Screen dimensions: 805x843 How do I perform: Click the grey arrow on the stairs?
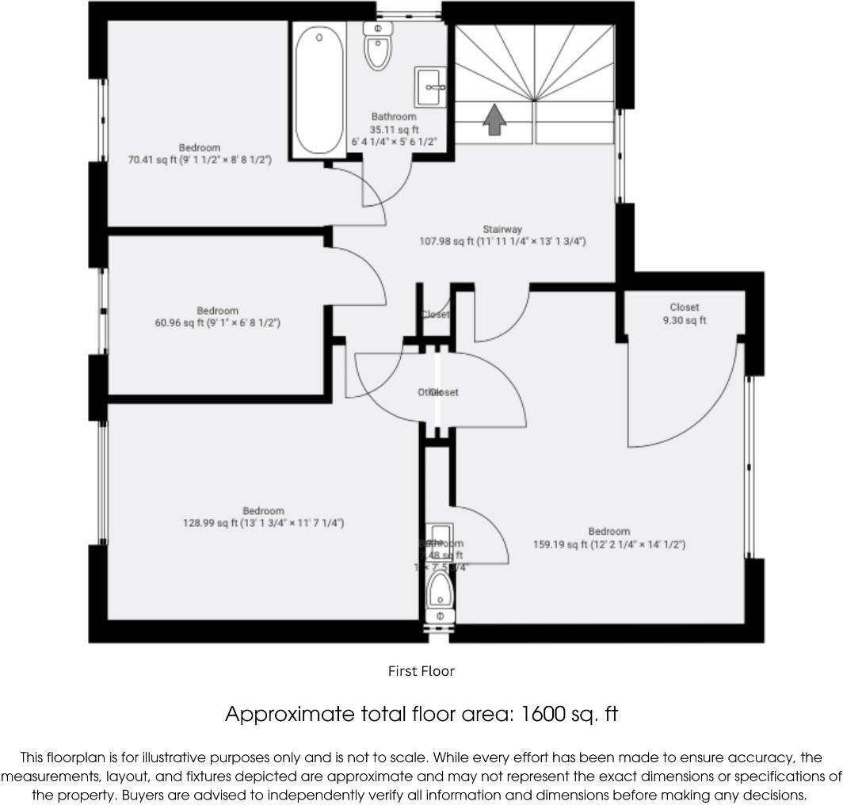pos(494,120)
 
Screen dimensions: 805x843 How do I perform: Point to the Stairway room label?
pos(502,230)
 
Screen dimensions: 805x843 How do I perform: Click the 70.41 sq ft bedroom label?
pos(200,159)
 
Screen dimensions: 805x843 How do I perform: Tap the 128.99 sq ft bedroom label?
pos(263,523)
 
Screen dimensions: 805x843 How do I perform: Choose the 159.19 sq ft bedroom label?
pos(608,544)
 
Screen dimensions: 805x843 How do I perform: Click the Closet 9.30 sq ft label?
pos(684,314)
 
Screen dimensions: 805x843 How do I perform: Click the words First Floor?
pos(421,671)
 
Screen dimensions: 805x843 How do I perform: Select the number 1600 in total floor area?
pos(542,714)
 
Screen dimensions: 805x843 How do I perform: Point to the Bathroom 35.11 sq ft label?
pos(394,129)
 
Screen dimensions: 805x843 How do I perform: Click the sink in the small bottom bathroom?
pos(439,533)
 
